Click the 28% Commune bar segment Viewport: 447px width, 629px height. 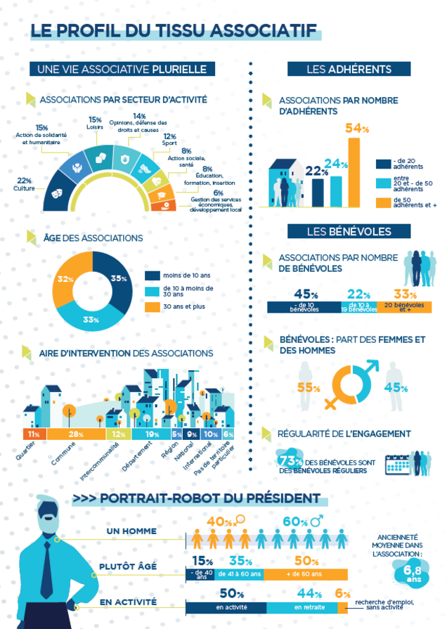click(75, 434)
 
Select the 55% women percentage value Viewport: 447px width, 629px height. click(309, 387)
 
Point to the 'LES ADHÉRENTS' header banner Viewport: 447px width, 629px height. click(349, 69)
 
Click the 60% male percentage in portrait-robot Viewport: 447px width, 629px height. click(295, 521)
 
